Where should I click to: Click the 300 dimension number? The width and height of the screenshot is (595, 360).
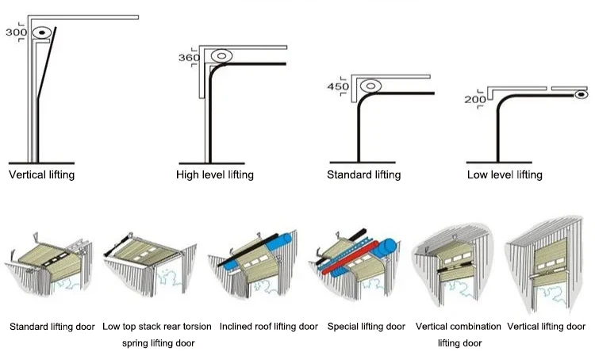pyautogui.click(x=16, y=33)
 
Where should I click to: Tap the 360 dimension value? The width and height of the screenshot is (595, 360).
pyautogui.click(x=189, y=58)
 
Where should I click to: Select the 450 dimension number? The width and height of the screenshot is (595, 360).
pyautogui.click(x=338, y=86)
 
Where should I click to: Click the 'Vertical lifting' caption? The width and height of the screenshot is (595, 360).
pyautogui.click(x=41, y=174)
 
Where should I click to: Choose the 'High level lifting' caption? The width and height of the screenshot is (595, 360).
pyautogui.click(x=215, y=174)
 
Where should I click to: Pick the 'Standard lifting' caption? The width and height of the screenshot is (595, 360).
pyautogui.click(x=363, y=174)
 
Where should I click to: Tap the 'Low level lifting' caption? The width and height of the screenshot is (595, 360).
pyautogui.click(x=505, y=174)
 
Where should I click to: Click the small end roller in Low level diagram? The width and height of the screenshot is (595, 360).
pyautogui.click(x=581, y=94)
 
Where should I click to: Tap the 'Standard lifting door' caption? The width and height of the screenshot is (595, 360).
pyautogui.click(x=52, y=326)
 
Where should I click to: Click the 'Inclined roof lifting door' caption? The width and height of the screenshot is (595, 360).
pyautogui.click(x=269, y=326)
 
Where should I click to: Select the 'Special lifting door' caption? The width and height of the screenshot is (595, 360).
pyautogui.click(x=367, y=326)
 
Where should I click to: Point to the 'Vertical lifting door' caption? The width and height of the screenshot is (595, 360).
pyautogui.click(x=547, y=326)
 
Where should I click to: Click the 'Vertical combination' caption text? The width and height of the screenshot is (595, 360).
pyautogui.click(x=459, y=326)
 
